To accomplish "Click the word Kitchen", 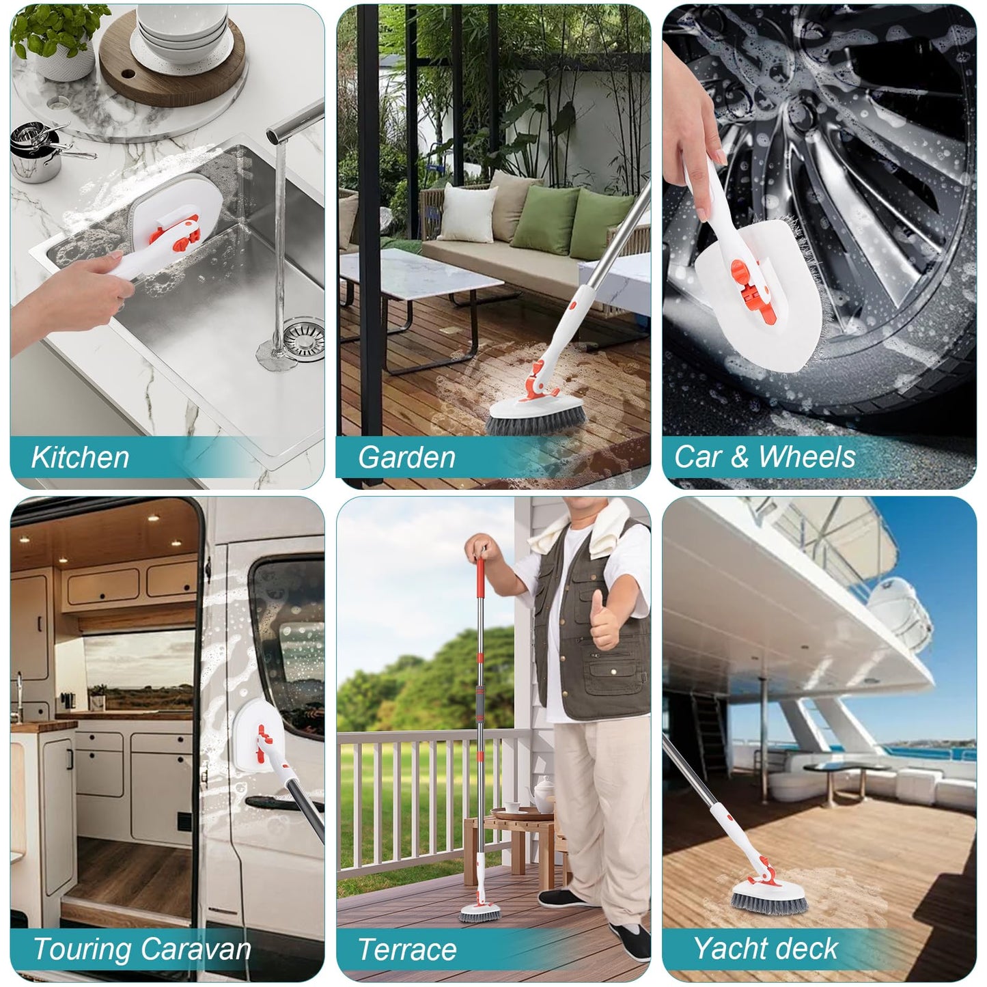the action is click(x=80, y=457).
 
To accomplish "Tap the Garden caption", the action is click(x=406, y=457).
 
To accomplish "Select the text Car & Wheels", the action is click(x=765, y=456).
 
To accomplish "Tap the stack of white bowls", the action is click(x=182, y=32).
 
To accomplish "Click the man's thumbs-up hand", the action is click(x=605, y=620).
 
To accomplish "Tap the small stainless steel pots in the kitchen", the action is click(x=38, y=152).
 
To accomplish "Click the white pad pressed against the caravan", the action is click(x=256, y=736).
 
